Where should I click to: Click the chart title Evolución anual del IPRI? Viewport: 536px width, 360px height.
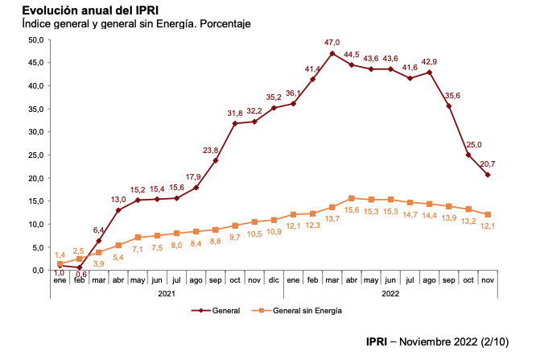point(89,10)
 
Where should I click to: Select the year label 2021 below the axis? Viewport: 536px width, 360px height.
point(167,295)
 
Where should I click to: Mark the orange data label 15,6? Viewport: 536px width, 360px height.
point(352,210)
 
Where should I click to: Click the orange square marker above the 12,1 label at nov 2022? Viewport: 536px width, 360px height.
point(488,214)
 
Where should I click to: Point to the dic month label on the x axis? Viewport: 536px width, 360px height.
point(274,280)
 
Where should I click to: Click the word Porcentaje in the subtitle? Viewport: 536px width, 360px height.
point(223,24)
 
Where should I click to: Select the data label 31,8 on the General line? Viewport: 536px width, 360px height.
point(235,113)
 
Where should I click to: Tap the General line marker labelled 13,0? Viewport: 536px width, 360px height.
point(118,210)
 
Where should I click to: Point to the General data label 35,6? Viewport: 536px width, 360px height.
point(453,95)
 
